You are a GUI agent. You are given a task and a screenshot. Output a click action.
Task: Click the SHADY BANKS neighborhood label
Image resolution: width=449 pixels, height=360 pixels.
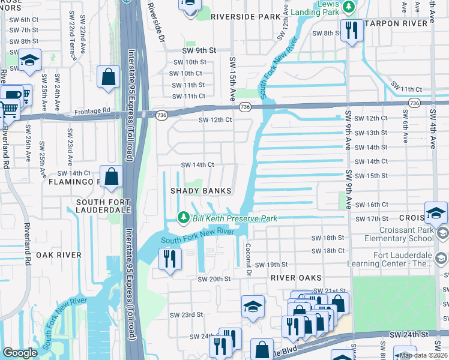tap(200, 191)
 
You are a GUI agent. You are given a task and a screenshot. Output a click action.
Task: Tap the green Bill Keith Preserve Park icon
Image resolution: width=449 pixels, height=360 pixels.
tap(183, 218)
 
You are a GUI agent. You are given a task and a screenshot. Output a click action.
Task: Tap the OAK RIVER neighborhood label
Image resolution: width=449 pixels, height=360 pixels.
tap(58, 255)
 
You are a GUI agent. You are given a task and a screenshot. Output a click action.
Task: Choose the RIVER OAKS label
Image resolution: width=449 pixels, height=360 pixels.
tap(296, 278)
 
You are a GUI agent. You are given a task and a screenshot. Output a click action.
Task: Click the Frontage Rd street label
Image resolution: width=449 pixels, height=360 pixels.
tap(92, 111)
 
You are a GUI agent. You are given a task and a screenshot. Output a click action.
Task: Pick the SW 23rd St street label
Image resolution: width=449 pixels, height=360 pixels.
tap(183, 314)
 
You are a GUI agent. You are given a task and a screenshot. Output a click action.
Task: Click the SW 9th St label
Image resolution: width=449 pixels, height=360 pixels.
tap(199, 52)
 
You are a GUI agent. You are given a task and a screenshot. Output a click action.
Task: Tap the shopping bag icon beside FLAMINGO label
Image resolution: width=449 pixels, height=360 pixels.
tap(111, 176)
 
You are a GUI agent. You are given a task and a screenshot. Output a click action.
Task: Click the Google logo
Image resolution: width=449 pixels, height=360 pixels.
tap(20, 353)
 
